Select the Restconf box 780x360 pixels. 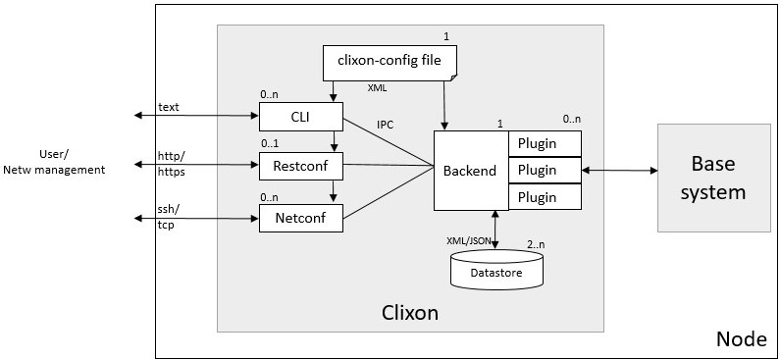pos(300,167)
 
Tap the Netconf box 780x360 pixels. pos(300,217)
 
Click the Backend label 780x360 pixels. pos(470,171)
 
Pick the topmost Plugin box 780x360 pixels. pos(544,143)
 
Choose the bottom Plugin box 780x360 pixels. pos(544,196)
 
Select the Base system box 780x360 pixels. pos(712,178)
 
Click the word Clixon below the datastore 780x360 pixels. pos(410,313)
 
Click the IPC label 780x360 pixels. pos(386,125)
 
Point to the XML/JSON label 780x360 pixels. pos(469,240)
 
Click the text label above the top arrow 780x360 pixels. pos(169,105)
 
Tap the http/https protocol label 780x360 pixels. pos(172,163)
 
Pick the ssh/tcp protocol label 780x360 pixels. pos(169,217)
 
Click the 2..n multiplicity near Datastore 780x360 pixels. pos(537,243)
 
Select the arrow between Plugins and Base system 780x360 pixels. pos(619,171)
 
